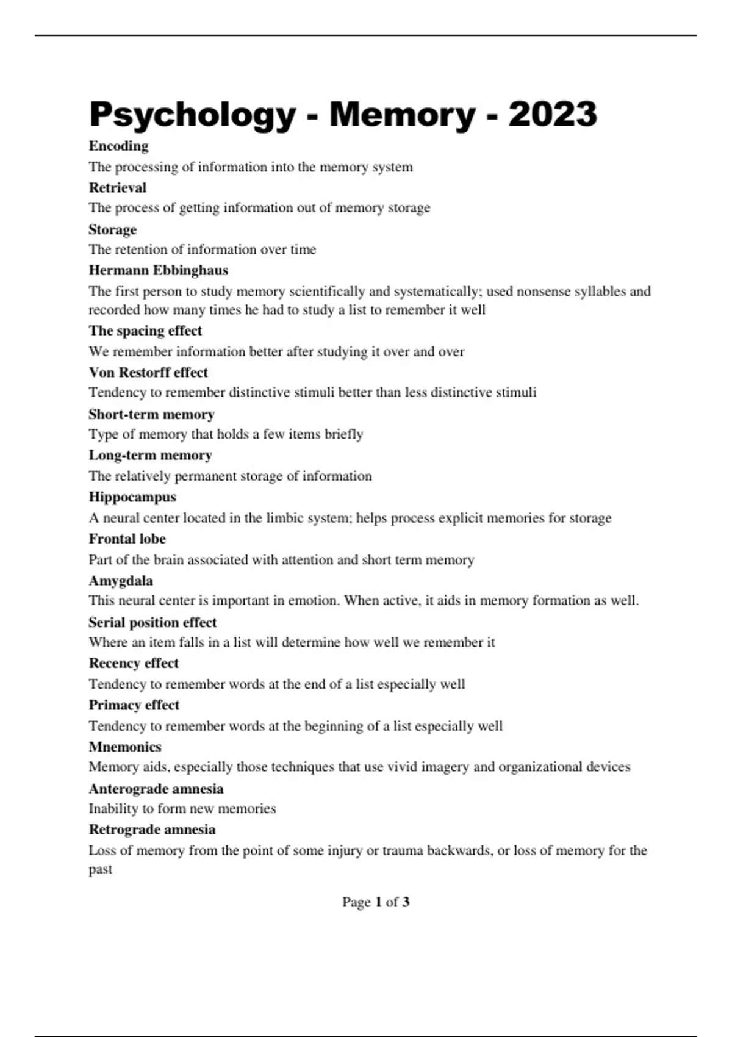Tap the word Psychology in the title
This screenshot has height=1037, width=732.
[192, 115]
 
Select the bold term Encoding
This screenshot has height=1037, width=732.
[118, 146]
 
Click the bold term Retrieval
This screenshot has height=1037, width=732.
[117, 187]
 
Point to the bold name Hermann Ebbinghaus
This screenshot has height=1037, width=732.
[158, 270]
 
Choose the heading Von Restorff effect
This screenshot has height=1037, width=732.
[148, 372]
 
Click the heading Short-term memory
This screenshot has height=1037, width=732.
[151, 414]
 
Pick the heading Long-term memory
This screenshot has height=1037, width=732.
[150, 455]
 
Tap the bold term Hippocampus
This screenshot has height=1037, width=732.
[132, 497]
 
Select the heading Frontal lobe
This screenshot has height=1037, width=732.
[127, 539]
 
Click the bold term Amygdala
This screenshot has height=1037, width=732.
[121, 581]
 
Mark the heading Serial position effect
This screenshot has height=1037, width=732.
[152, 622]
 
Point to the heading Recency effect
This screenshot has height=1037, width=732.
[134, 663]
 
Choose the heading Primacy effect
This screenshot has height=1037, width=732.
[134, 705]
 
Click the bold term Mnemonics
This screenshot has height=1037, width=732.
[125, 747]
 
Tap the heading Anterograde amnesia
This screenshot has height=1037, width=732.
[156, 789]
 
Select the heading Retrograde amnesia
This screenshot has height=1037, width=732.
[152, 830]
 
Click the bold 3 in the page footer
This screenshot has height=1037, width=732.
[406, 902]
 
